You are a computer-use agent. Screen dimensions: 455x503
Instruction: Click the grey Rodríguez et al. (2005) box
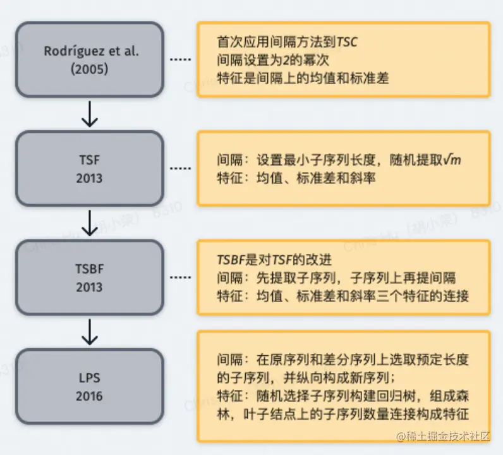pos(90,60)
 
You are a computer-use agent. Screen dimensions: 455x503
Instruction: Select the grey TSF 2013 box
pos(90,168)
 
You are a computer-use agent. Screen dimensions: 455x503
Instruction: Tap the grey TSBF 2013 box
pos(90,277)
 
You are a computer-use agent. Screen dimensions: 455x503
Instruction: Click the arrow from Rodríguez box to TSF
pos(90,114)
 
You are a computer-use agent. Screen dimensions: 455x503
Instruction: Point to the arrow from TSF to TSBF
pos(90,222)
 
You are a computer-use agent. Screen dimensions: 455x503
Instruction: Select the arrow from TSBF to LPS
pos(90,331)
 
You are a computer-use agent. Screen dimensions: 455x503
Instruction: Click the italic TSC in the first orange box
pos(347,42)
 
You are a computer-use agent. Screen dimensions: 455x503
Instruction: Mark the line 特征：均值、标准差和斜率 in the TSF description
pos(296,178)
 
